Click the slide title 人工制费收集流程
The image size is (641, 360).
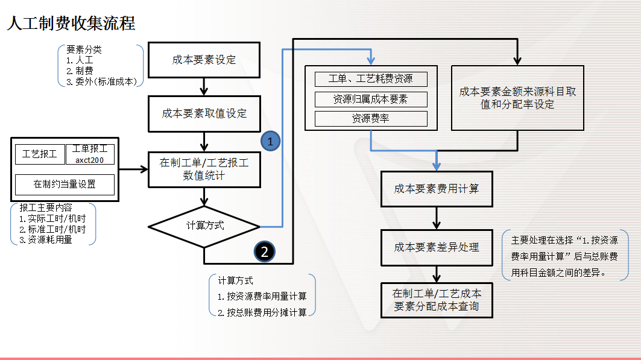tap(71, 24)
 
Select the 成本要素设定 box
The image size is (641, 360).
tap(204, 60)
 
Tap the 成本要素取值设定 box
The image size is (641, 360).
tap(204, 113)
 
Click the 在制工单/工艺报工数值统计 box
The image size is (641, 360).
tap(204, 169)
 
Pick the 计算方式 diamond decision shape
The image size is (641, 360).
tap(204, 226)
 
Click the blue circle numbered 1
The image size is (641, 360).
tap(270, 141)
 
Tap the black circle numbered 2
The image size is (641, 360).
tap(265, 251)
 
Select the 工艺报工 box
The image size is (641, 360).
tap(40, 154)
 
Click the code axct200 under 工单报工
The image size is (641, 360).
tap(90, 160)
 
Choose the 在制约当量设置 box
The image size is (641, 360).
tap(65, 184)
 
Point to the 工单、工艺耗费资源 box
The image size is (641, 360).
tap(371, 79)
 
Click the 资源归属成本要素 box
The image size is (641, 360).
tap(371, 99)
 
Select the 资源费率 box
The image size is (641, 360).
tap(371, 119)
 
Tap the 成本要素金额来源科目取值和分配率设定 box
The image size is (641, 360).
tap(517, 98)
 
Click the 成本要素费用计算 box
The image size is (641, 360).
tap(436, 189)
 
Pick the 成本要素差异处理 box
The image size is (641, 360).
tap(436, 247)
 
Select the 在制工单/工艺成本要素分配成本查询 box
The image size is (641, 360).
tap(436, 300)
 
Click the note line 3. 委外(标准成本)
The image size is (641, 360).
tap(102, 81)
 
